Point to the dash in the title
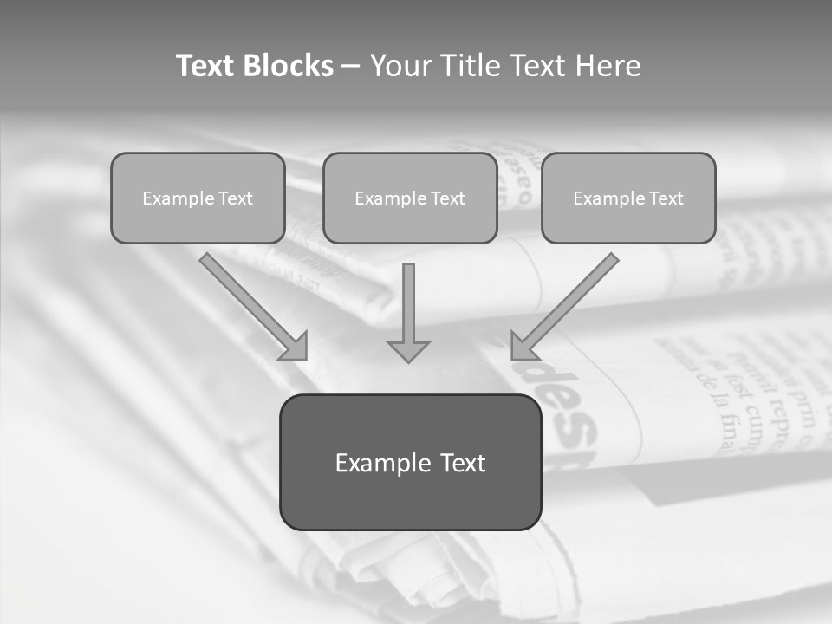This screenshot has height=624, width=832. coord(351,67)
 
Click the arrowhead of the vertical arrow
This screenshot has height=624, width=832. coord(408,350)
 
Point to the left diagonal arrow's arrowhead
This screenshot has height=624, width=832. coord(295,346)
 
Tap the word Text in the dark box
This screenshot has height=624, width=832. coord(462,463)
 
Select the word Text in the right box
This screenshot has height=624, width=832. coord(665,198)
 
